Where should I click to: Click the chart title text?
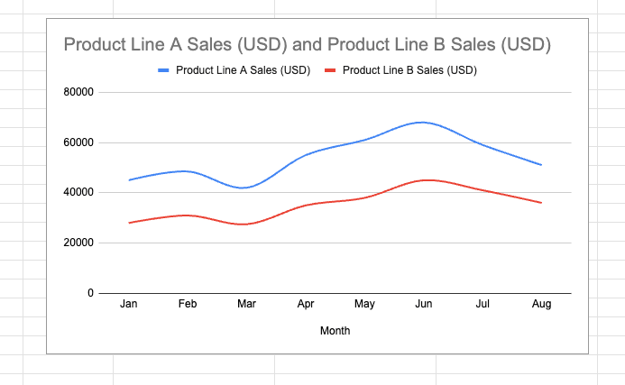[306, 44]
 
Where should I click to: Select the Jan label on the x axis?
[129, 305]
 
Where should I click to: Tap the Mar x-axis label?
[246, 305]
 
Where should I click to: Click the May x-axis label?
[364, 305]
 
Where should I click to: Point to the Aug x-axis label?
[541, 305]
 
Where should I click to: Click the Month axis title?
[335, 331]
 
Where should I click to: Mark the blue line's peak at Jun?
[423, 122]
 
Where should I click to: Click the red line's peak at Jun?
[423, 180]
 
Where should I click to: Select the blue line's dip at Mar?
[246, 188]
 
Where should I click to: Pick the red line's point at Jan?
[129, 223]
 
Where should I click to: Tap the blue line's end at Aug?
[541, 165]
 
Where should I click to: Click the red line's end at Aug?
[541, 203]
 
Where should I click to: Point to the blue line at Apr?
[306, 155]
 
